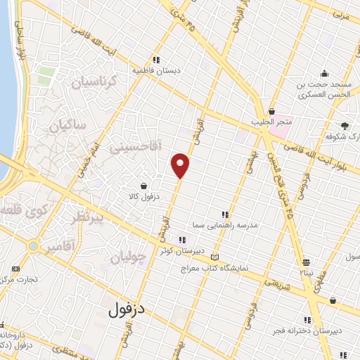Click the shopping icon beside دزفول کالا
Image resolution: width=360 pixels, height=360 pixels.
(144, 186)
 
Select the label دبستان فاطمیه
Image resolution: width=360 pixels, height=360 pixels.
(156, 70)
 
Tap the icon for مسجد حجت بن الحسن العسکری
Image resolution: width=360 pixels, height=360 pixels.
(325, 73)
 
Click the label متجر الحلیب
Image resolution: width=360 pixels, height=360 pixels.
(271, 123)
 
